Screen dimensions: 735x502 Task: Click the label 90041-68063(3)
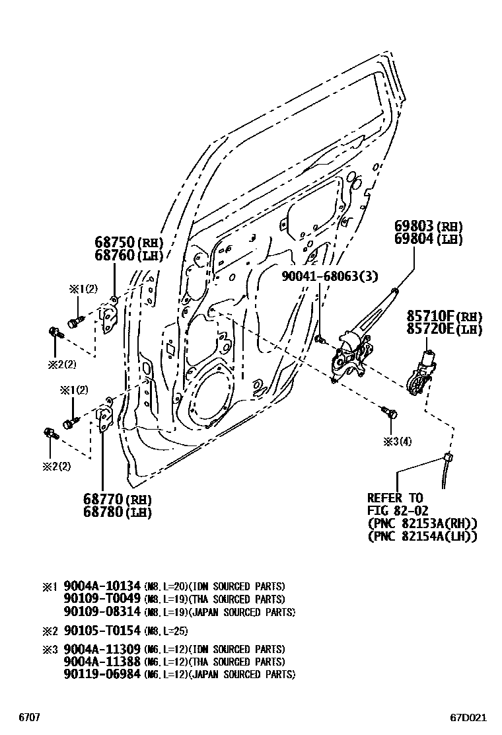[321, 276]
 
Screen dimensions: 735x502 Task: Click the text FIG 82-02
[398, 510]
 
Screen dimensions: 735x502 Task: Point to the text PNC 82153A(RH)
[422, 523]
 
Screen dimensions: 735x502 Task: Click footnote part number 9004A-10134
[102, 586]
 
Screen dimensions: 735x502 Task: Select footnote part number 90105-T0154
[102, 631]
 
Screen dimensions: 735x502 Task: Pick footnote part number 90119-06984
[102, 674]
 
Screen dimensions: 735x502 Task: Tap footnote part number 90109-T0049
[102, 599]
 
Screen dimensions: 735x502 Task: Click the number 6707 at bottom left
[29, 717]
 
